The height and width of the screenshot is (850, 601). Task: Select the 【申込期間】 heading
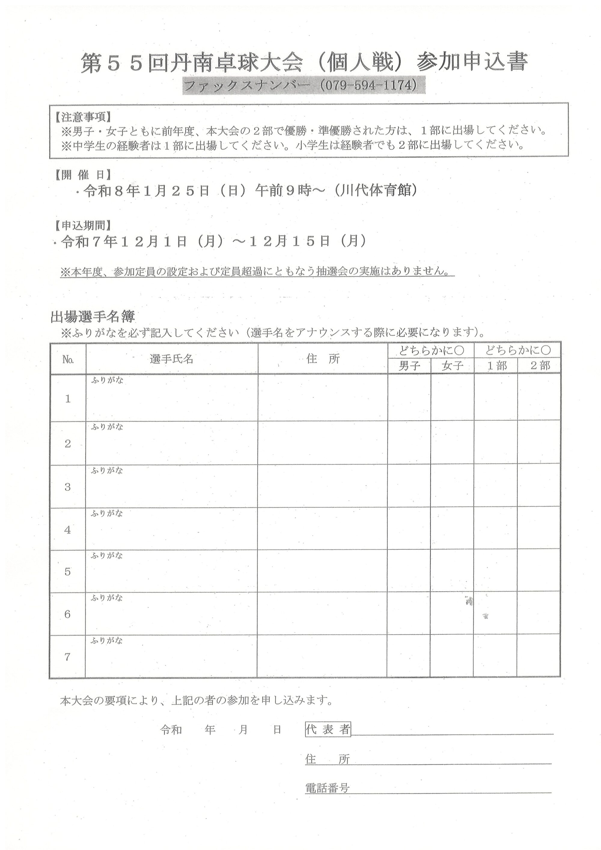coord(83,225)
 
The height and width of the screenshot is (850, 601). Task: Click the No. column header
coord(68,359)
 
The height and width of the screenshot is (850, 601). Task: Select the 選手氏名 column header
coord(172,359)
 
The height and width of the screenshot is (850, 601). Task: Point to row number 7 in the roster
coord(67,657)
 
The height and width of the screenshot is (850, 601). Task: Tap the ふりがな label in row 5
coord(107,556)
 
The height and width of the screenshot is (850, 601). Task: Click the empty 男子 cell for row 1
coord(409,398)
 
